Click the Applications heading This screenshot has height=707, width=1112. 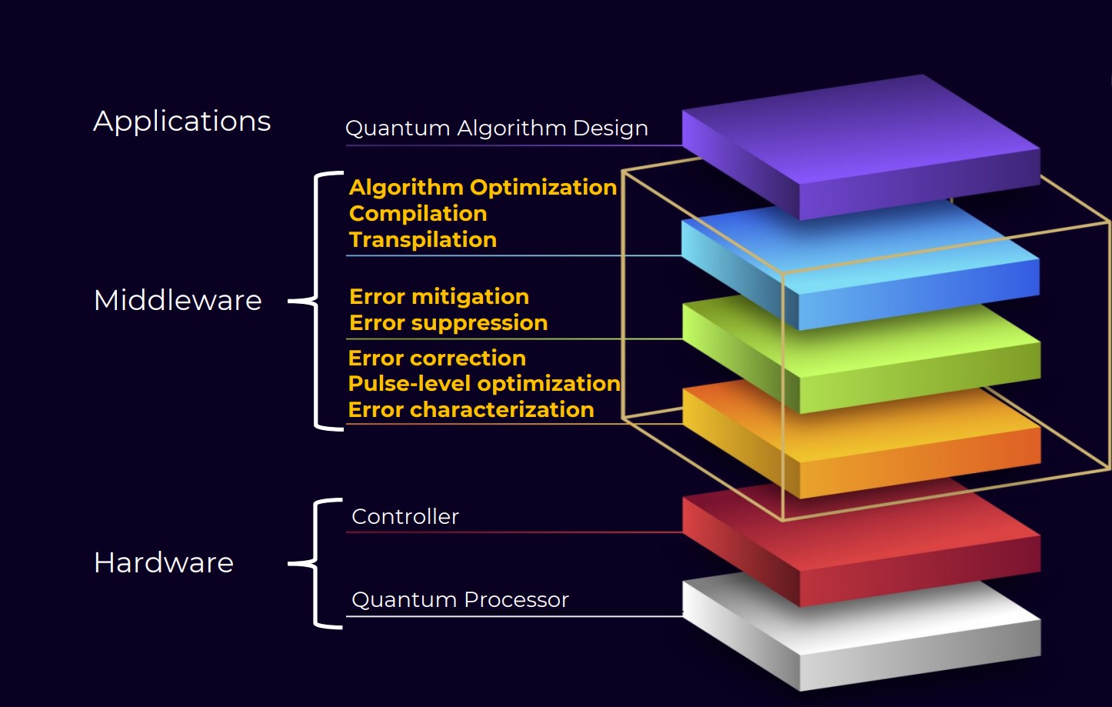pyautogui.click(x=181, y=122)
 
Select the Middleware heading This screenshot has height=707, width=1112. pyautogui.click(x=178, y=300)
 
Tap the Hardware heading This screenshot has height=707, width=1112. pyautogui.click(x=163, y=562)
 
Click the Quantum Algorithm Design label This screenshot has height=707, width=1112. pyautogui.click(x=496, y=128)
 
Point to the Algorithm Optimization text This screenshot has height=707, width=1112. pyautogui.click(x=482, y=187)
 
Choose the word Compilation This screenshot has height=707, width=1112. pyautogui.click(x=418, y=213)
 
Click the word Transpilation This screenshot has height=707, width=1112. pyautogui.click(x=422, y=239)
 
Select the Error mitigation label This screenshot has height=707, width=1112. pyautogui.click(x=438, y=296)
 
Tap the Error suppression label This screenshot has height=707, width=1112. pyautogui.click(x=448, y=322)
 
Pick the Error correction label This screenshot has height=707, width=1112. pyautogui.click(x=436, y=358)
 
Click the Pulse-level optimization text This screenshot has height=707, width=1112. pyautogui.click(x=484, y=383)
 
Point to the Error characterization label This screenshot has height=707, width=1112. pyautogui.click(x=471, y=409)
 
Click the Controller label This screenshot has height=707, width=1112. pyautogui.click(x=405, y=516)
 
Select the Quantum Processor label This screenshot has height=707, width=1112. pyautogui.click(x=460, y=599)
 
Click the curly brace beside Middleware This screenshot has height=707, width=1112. pyautogui.click(x=316, y=300)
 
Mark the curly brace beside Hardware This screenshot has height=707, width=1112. pyautogui.click(x=316, y=563)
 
